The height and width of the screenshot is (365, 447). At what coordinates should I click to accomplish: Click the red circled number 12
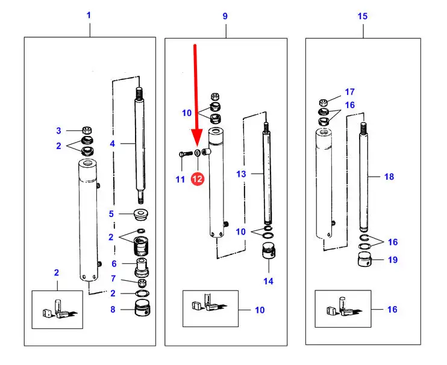tap(198, 179)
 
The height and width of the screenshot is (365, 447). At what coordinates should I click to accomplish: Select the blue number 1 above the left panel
tap(89, 15)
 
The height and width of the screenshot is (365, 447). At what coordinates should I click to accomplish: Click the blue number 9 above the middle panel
tap(225, 16)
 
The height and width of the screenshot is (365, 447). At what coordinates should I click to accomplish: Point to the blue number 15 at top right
tap(363, 16)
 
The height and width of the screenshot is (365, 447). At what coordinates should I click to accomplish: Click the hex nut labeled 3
tap(87, 130)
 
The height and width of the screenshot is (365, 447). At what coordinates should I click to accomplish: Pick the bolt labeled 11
tap(185, 154)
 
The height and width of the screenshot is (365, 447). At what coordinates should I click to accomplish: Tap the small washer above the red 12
tap(197, 153)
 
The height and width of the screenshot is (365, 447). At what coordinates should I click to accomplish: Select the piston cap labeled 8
tap(143, 308)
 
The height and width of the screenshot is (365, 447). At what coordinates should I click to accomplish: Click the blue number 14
tap(268, 281)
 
